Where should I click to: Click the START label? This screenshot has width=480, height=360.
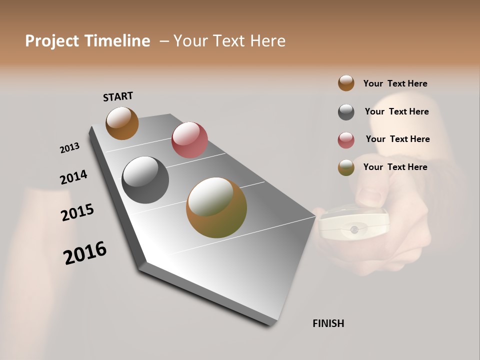pos(118,96)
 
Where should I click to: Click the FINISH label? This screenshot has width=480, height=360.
pos(328,323)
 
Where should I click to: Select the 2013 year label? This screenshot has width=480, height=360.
pos(69,148)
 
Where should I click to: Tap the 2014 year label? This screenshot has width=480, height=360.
pos(73,177)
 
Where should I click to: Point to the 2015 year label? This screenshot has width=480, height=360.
pos(77,212)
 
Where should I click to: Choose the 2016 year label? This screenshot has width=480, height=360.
pos(85,253)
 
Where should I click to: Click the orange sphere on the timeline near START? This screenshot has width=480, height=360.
pos(122,123)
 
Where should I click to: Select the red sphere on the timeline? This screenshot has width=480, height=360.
pos(189,139)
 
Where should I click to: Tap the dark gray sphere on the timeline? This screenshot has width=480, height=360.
pos(145,180)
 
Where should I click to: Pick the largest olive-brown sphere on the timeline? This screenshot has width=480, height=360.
pos(216,207)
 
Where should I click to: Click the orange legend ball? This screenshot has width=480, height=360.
pos(346,83)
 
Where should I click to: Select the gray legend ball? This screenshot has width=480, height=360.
pos(346,112)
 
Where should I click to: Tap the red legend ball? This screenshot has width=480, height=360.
pos(346,140)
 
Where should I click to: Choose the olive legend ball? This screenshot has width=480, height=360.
pos(346,167)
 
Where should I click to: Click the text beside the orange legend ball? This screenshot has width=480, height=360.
pos(395,83)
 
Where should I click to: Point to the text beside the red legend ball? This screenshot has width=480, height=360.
pos(397,139)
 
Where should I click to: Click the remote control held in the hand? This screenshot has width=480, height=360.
pos(354,223)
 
